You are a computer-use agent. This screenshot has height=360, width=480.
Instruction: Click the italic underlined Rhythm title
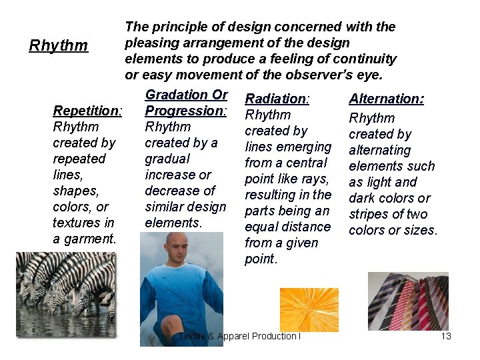coord(59,45)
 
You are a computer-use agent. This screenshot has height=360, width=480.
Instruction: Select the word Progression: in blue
coord(186,110)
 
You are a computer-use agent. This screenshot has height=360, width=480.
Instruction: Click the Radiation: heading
coord(277,99)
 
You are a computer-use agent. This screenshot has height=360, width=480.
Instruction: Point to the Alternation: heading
coord(387,99)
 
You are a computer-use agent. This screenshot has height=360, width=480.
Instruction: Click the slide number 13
coord(446,336)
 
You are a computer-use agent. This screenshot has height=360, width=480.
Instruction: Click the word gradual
coord(167,159)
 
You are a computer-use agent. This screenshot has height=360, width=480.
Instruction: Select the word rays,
coord(315,179)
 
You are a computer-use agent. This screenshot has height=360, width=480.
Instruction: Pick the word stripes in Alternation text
coord(369,214)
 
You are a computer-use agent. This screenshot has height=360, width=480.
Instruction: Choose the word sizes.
coord(420,230)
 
